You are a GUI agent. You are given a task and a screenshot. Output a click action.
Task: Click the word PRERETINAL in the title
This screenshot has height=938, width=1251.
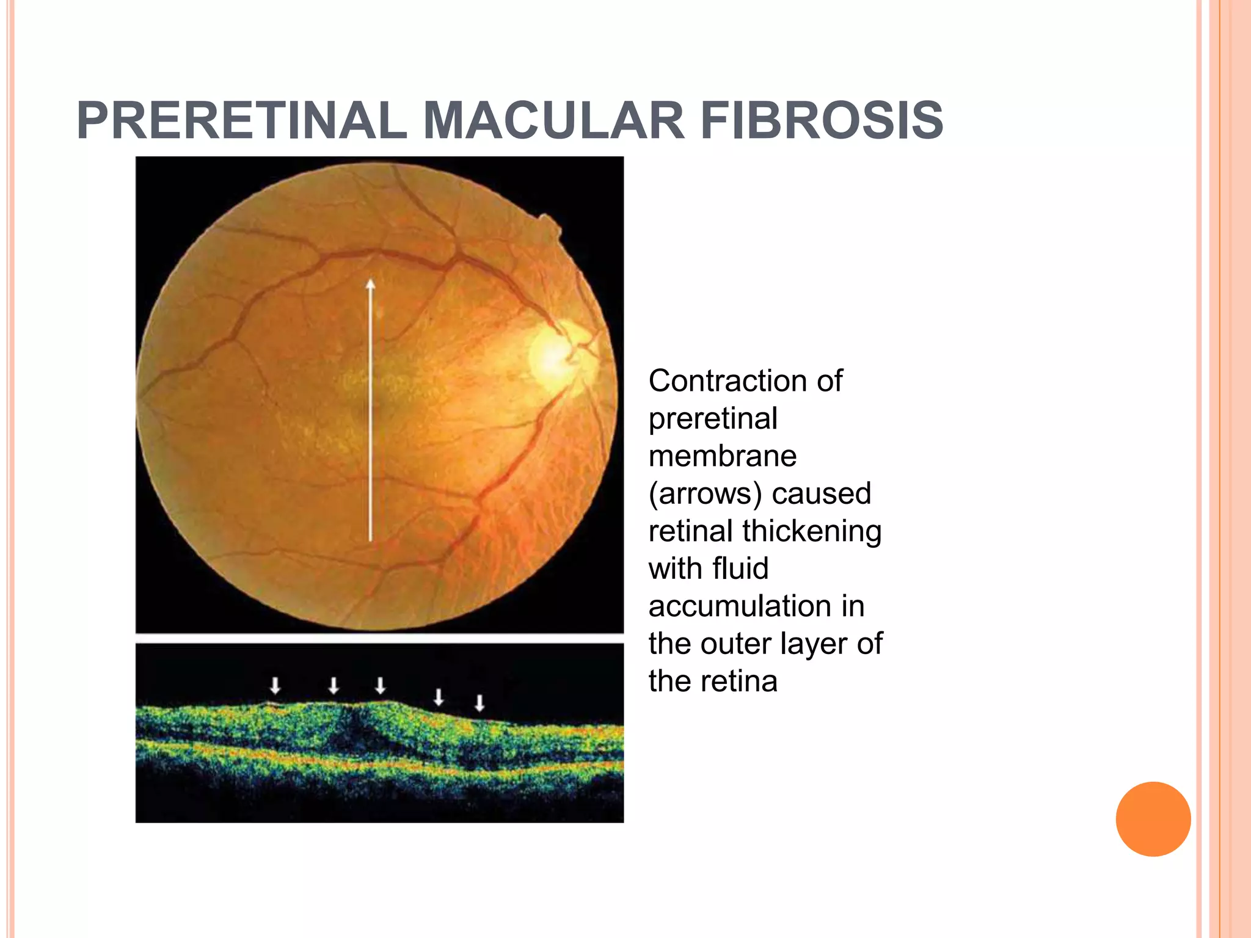(x=242, y=120)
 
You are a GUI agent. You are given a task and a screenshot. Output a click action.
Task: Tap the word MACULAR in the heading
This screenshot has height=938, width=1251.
(x=553, y=120)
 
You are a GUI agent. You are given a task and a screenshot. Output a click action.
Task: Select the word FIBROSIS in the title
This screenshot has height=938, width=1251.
(x=822, y=120)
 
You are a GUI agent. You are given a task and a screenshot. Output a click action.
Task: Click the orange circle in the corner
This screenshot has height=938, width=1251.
(x=1153, y=819)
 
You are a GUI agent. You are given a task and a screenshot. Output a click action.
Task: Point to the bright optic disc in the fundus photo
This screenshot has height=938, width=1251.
(x=556, y=355)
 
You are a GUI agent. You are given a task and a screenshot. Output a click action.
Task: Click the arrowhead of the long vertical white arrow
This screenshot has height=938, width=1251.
(x=370, y=285)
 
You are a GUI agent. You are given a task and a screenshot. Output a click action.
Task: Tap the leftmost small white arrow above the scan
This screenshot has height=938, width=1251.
(x=275, y=686)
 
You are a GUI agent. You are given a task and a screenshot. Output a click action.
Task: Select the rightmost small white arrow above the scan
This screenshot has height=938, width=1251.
(x=480, y=703)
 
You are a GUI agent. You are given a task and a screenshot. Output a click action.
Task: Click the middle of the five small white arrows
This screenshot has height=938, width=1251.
(x=380, y=686)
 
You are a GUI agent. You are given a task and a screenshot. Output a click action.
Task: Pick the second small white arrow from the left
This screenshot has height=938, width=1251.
(x=334, y=686)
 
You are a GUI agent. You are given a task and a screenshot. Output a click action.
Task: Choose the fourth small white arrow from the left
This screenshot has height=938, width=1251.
(x=438, y=697)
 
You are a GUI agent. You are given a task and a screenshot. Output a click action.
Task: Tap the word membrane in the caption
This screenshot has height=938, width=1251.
(x=723, y=456)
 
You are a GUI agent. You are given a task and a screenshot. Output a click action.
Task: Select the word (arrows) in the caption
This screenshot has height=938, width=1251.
(x=704, y=494)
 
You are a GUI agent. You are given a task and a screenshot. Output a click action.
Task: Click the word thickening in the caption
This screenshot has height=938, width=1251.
(x=812, y=531)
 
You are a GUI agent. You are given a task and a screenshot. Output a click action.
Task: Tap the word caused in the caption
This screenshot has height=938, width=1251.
(x=821, y=494)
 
